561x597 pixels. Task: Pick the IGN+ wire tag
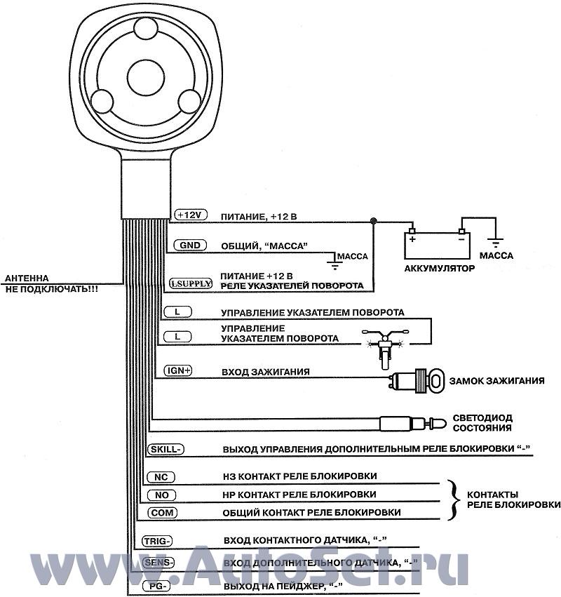(177, 370)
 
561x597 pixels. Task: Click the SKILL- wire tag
(165, 449)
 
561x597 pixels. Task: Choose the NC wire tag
(159, 477)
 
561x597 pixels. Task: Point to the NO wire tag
(160, 495)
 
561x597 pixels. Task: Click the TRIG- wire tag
(156, 541)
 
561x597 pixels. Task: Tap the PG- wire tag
(155, 586)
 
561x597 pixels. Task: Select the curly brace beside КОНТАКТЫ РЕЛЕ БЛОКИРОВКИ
(453, 499)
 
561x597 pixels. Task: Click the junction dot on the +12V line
(374, 220)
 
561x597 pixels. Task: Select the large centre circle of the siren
(146, 73)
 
